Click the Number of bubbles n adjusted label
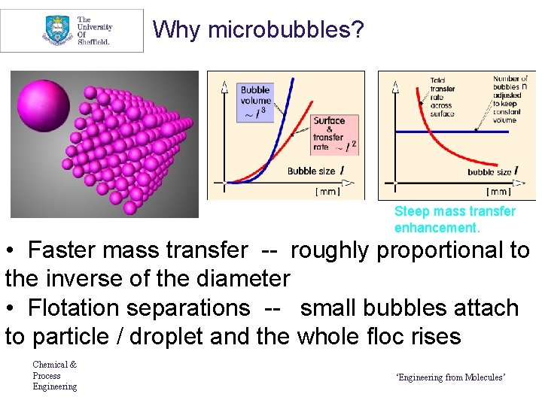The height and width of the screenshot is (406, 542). coord(510,98)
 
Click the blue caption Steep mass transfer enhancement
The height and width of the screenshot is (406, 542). coord(455,220)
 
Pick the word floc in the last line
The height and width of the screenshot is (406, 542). coord(383,336)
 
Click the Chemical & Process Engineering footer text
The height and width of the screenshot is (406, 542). coord(54,375)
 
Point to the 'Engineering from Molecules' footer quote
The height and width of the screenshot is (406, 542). coord(450,377)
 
